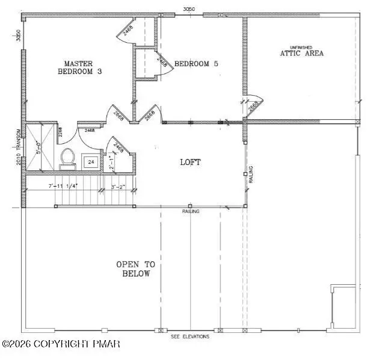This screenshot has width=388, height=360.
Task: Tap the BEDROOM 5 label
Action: tap(196, 63)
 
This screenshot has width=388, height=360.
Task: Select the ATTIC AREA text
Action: tap(301, 53)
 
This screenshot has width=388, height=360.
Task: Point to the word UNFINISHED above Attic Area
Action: tap(301, 46)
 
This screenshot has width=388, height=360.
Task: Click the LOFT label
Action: tap(190, 163)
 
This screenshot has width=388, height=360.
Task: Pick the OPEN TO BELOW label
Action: tap(135, 269)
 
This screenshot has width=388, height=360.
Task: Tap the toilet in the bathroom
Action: tap(67, 158)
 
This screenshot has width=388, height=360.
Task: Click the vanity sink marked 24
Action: tap(91, 161)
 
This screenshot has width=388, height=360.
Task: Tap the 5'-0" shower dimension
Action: tap(38, 147)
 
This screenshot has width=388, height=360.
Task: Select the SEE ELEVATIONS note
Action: tap(190, 337)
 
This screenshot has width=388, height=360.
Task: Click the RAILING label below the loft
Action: tap(191, 211)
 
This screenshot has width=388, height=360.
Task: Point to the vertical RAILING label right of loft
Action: tap(251, 176)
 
